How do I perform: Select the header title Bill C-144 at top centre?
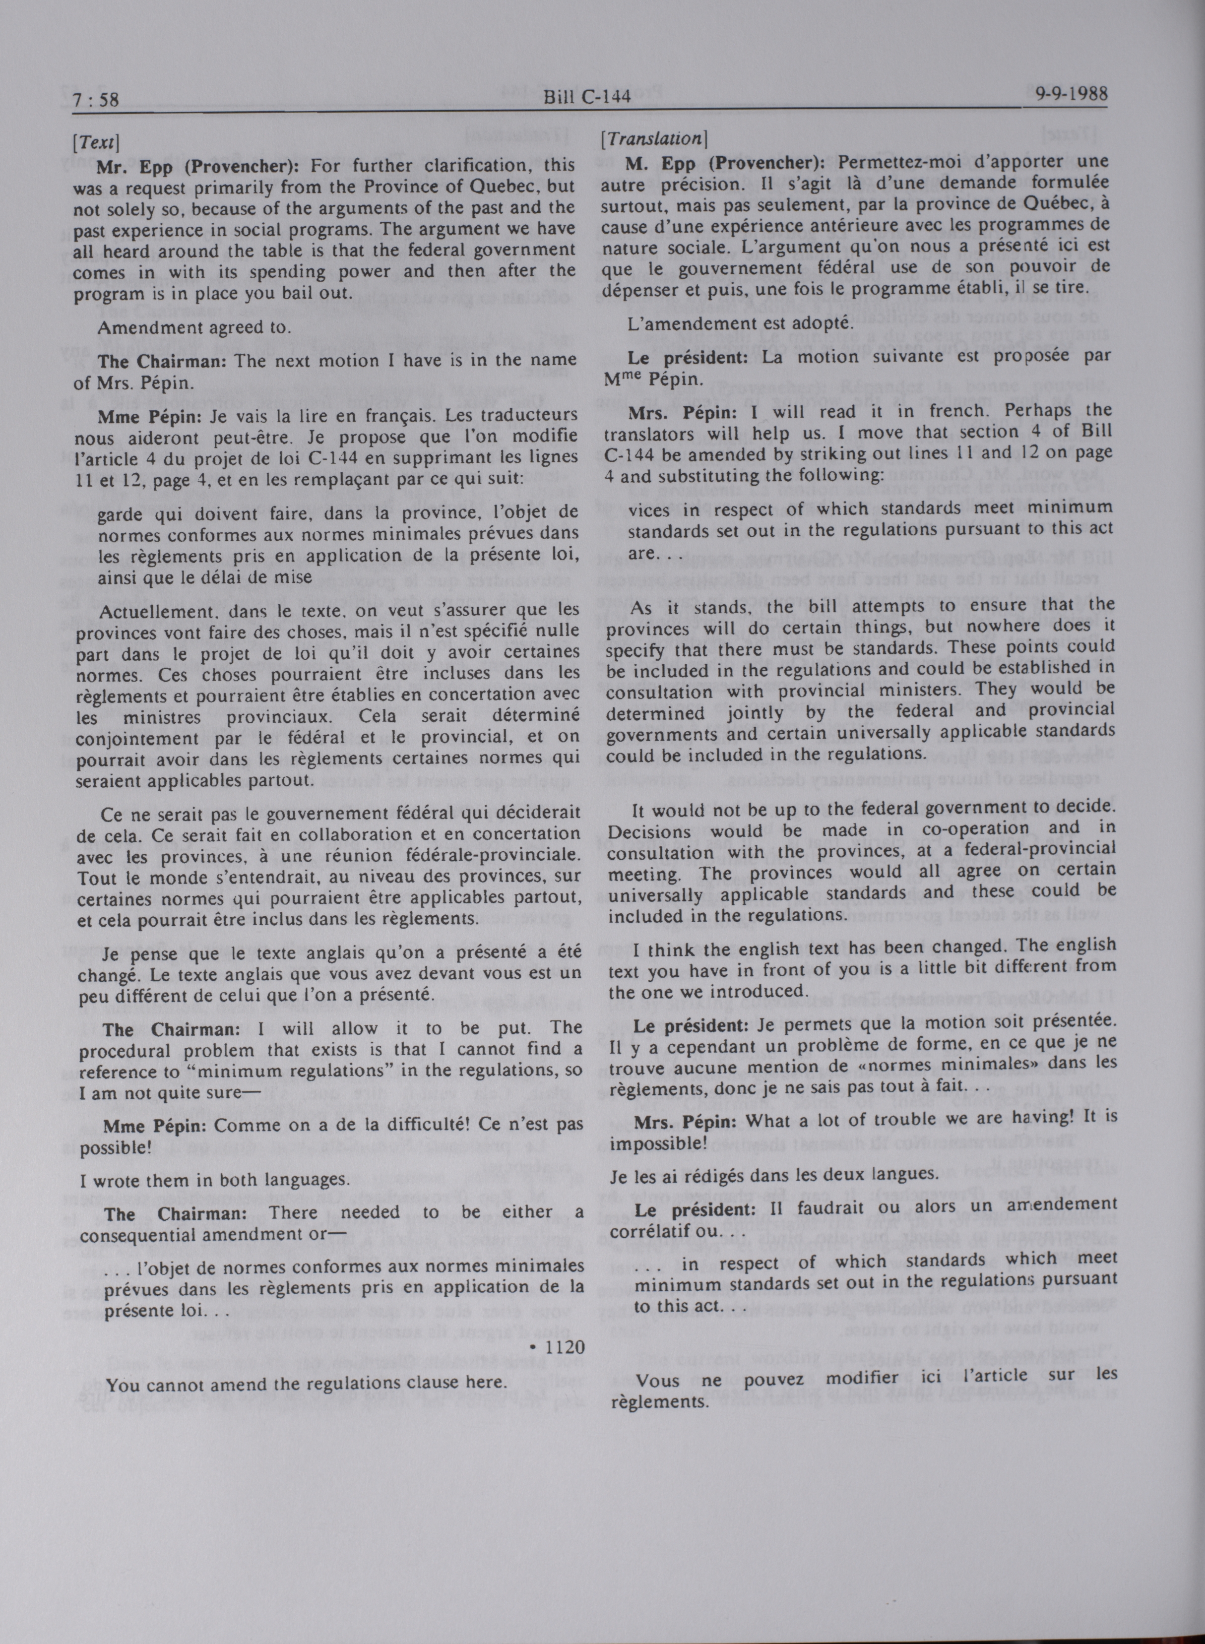586,98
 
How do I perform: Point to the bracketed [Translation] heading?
653,138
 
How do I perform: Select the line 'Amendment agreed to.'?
194,327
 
